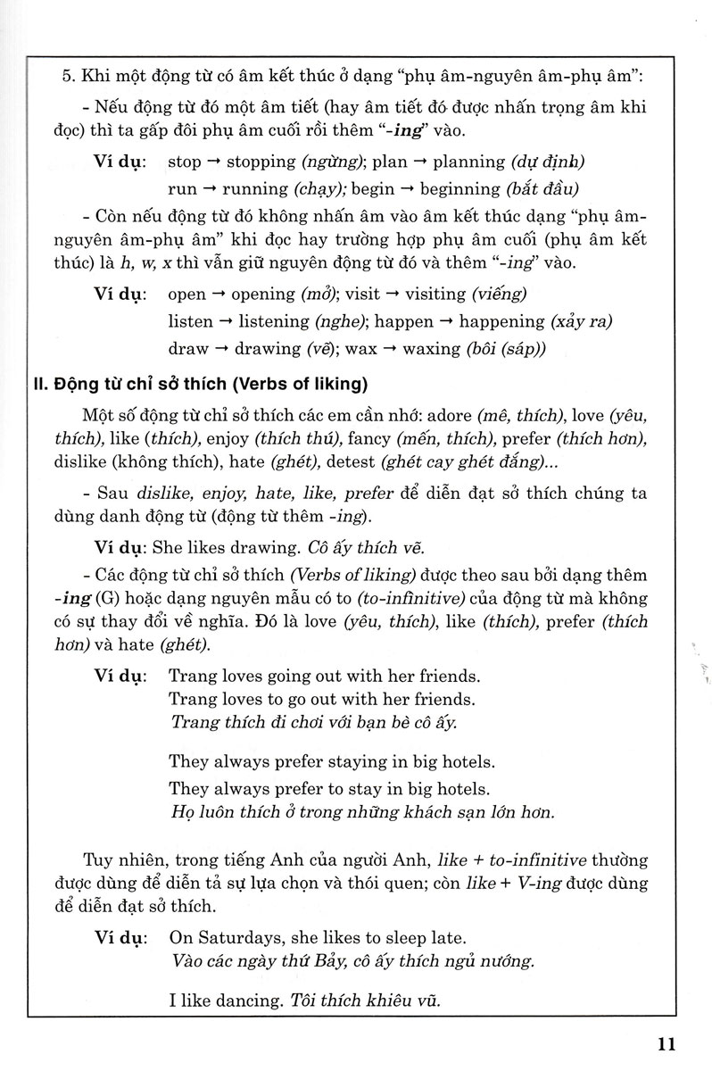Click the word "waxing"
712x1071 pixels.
point(432,348)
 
